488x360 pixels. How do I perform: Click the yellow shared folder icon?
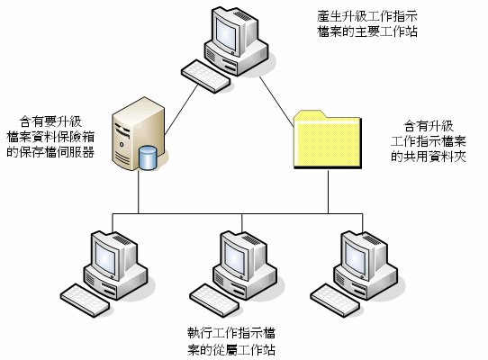pos(328,139)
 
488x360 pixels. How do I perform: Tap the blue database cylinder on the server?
pos(148,157)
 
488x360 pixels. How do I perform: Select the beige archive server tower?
pos(138,134)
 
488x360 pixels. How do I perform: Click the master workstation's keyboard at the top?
pos(205,76)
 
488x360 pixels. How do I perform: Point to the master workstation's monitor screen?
pos(227,33)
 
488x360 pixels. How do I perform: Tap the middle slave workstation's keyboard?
pos(214,301)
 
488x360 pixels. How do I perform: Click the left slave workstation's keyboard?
pos(85,301)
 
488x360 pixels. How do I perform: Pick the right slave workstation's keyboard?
pos(335,301)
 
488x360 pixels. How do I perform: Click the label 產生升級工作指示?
pos(367,16)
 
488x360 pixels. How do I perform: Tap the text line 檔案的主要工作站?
pos(367,31)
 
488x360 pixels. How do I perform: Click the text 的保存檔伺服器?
pos(50,152)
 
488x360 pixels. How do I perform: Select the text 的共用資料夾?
pos(429,157)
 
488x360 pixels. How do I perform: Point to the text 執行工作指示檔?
pos(231,334)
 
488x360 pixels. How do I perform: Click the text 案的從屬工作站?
pos(231,350)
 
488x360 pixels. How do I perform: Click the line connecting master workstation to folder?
pos(276,102)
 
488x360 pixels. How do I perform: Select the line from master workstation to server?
pos(181,110)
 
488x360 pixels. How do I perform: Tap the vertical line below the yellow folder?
pos(328,192)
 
